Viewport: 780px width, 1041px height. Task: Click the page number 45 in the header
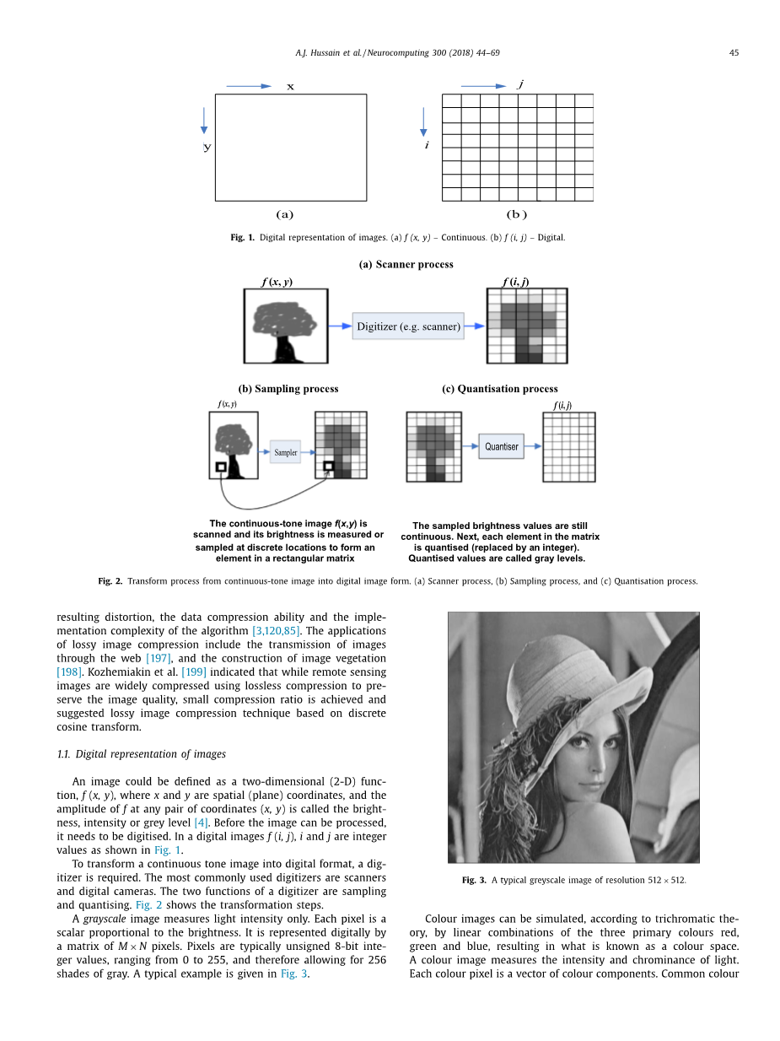pyautogui.click(x=734, y=53)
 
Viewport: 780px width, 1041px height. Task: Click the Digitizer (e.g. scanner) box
pyautogui.click(x=408, y=326)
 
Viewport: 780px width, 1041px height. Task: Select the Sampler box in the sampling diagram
pyautogui.click(x=285, y=452)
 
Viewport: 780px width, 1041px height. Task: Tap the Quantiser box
pyautogui.click(x=502, y=446)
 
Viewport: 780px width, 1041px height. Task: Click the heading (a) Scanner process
pyautogui.click(x=406, y=264)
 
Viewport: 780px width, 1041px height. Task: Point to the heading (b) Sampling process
pyautogui.click(x=288, y=389)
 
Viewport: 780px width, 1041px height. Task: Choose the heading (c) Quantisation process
pyautogui.click(x=499, y=389)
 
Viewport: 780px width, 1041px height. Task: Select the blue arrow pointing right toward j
pyautogui.click(x=484, y=86)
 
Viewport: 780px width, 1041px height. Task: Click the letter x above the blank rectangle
pyautogui.click(x=290, y=87)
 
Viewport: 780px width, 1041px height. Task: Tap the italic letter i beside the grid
pyautogui.click(x=427, y=146)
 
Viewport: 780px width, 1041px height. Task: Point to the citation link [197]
pyautogui.click(x=159, y=658)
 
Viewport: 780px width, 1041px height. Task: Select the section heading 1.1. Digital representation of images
pyautogui.click(x=141, y=754)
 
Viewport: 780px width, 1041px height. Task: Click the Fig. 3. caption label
pyautogui.click(x=473, y=880)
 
